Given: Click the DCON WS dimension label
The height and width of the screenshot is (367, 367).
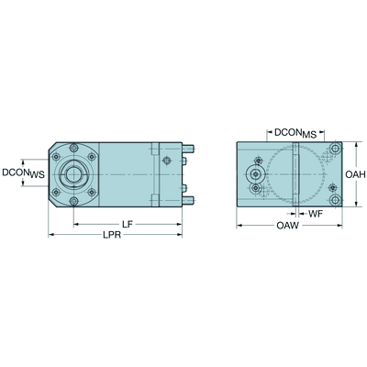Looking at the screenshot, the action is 23,173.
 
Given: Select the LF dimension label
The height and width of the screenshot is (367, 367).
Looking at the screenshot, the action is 128,225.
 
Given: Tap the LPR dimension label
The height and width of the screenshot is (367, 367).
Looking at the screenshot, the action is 112,235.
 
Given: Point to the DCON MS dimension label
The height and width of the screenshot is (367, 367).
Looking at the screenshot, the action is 295,133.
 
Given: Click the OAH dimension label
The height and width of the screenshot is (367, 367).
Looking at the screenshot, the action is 355,174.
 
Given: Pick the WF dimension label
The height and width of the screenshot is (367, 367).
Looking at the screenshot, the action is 316,214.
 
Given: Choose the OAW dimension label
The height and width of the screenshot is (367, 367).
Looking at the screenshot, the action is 287,226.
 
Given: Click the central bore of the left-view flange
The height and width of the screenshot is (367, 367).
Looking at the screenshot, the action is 73,174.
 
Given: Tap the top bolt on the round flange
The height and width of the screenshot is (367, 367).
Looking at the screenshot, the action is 73,148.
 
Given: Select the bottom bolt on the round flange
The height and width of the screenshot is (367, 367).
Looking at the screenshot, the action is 73,201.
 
